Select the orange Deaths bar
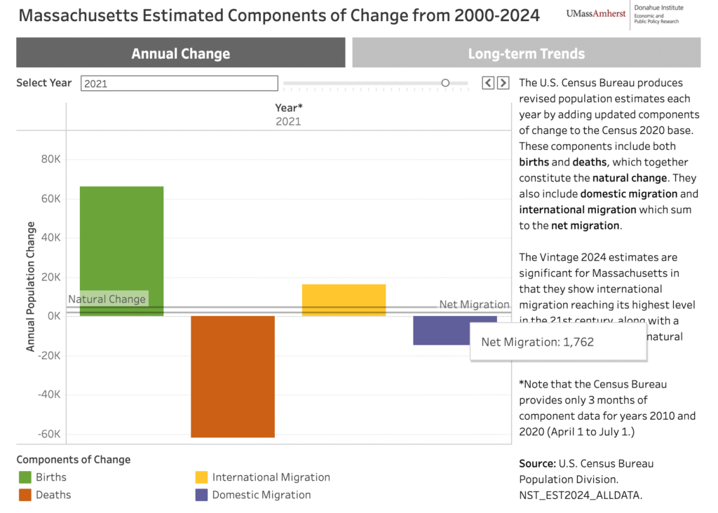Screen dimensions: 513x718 point(232,376)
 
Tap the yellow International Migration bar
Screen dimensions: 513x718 point(344,300)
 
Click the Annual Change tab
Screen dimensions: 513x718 point(180,53)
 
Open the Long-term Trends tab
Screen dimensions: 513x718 point(526,53)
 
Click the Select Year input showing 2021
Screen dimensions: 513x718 point(179,83)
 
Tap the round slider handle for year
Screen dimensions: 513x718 point(445,83)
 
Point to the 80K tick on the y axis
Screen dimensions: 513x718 point(50,159)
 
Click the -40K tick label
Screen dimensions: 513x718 point(48,395)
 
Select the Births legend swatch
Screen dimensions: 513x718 point(25,477)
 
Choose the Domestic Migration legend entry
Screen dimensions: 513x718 point(261,495)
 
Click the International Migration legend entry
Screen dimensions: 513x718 point(271,477)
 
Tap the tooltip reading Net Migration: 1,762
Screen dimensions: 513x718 point(557,342)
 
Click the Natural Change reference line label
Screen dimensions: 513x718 point(107,299)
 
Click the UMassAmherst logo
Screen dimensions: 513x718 point(596,13)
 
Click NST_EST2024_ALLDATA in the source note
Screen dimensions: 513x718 point(581,495)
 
